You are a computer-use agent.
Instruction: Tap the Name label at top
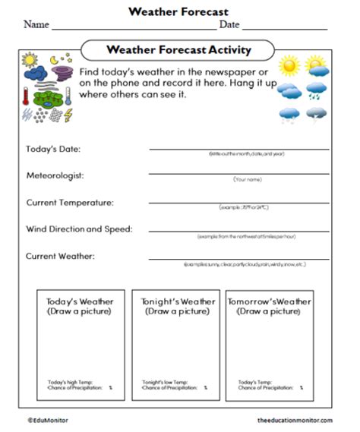[36, 24]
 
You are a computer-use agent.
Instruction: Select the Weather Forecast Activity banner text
[179, 51]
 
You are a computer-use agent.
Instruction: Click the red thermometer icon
[26, 96]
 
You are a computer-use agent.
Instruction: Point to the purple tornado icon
[63, 74]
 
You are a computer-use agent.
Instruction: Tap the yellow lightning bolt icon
[68, 115]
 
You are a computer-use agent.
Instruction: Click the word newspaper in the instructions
[231, 70]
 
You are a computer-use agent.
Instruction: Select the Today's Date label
[53, 149]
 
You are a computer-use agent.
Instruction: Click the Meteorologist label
[55, 175]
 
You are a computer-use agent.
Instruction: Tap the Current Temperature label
[70, 203]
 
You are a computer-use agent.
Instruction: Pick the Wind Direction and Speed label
[79, 229]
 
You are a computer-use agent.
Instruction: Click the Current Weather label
[61, 256]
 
